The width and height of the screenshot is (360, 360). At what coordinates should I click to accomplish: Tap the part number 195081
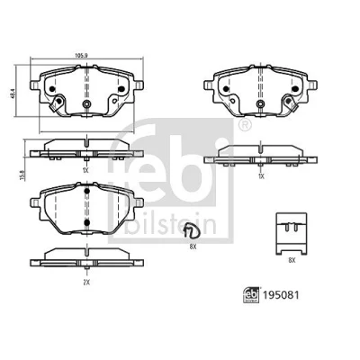click(x=281, y=295)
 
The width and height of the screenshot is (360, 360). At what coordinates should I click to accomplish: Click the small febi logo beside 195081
click(x=251, y=295)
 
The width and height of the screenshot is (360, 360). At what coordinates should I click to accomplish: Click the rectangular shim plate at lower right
click(x=292, y=234)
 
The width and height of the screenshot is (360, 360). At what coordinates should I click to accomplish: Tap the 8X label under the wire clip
click(x=193, y=247)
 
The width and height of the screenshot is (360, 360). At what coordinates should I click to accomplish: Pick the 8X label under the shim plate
click(x=292, y=261)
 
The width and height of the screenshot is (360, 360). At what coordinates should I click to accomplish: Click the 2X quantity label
click(x=86, y=282)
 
